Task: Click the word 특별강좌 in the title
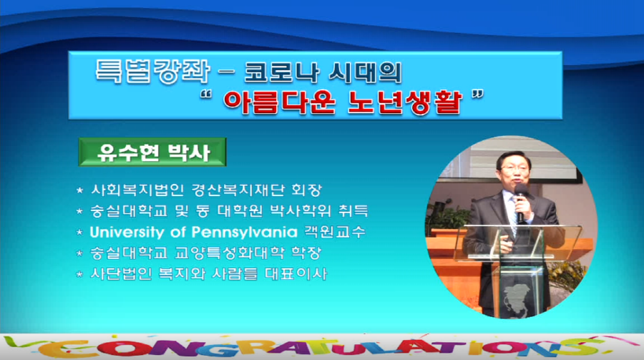(152, 72)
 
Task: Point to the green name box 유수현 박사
(152, 152)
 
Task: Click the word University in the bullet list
(127, 233)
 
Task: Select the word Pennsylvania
(245, 233)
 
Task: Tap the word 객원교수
(334, 232)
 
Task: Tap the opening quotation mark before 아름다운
(206, 95)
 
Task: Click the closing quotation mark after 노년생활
(478, 95)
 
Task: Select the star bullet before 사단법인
(79, 274)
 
